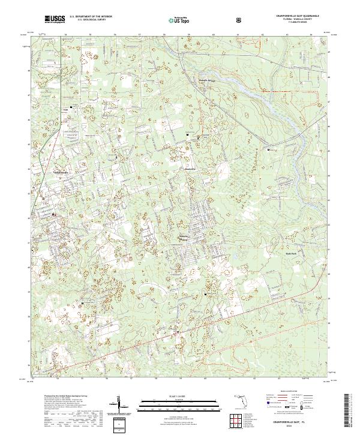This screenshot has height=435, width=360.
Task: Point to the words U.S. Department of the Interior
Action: (91, 17)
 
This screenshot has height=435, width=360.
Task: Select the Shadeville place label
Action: (190, 169)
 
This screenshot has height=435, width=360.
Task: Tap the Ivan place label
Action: (67, 109)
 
